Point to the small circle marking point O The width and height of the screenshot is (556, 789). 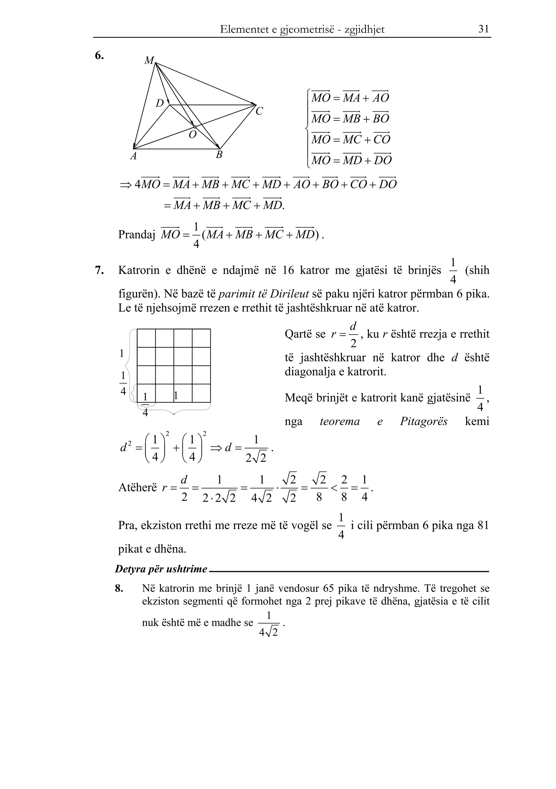[x=195, y=127]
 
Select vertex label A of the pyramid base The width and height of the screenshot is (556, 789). [x=134, y=156]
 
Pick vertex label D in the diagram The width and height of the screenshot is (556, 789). [x=160, y=103]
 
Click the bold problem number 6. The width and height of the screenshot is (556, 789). [x=99, y=55]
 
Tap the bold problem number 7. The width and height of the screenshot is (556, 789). [x=99, y=270]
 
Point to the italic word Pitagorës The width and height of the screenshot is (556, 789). [x=423, y=421]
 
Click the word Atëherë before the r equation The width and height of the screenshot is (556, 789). [x=137, y=487]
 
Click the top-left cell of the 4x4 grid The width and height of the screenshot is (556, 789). [x=146, y=338]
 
